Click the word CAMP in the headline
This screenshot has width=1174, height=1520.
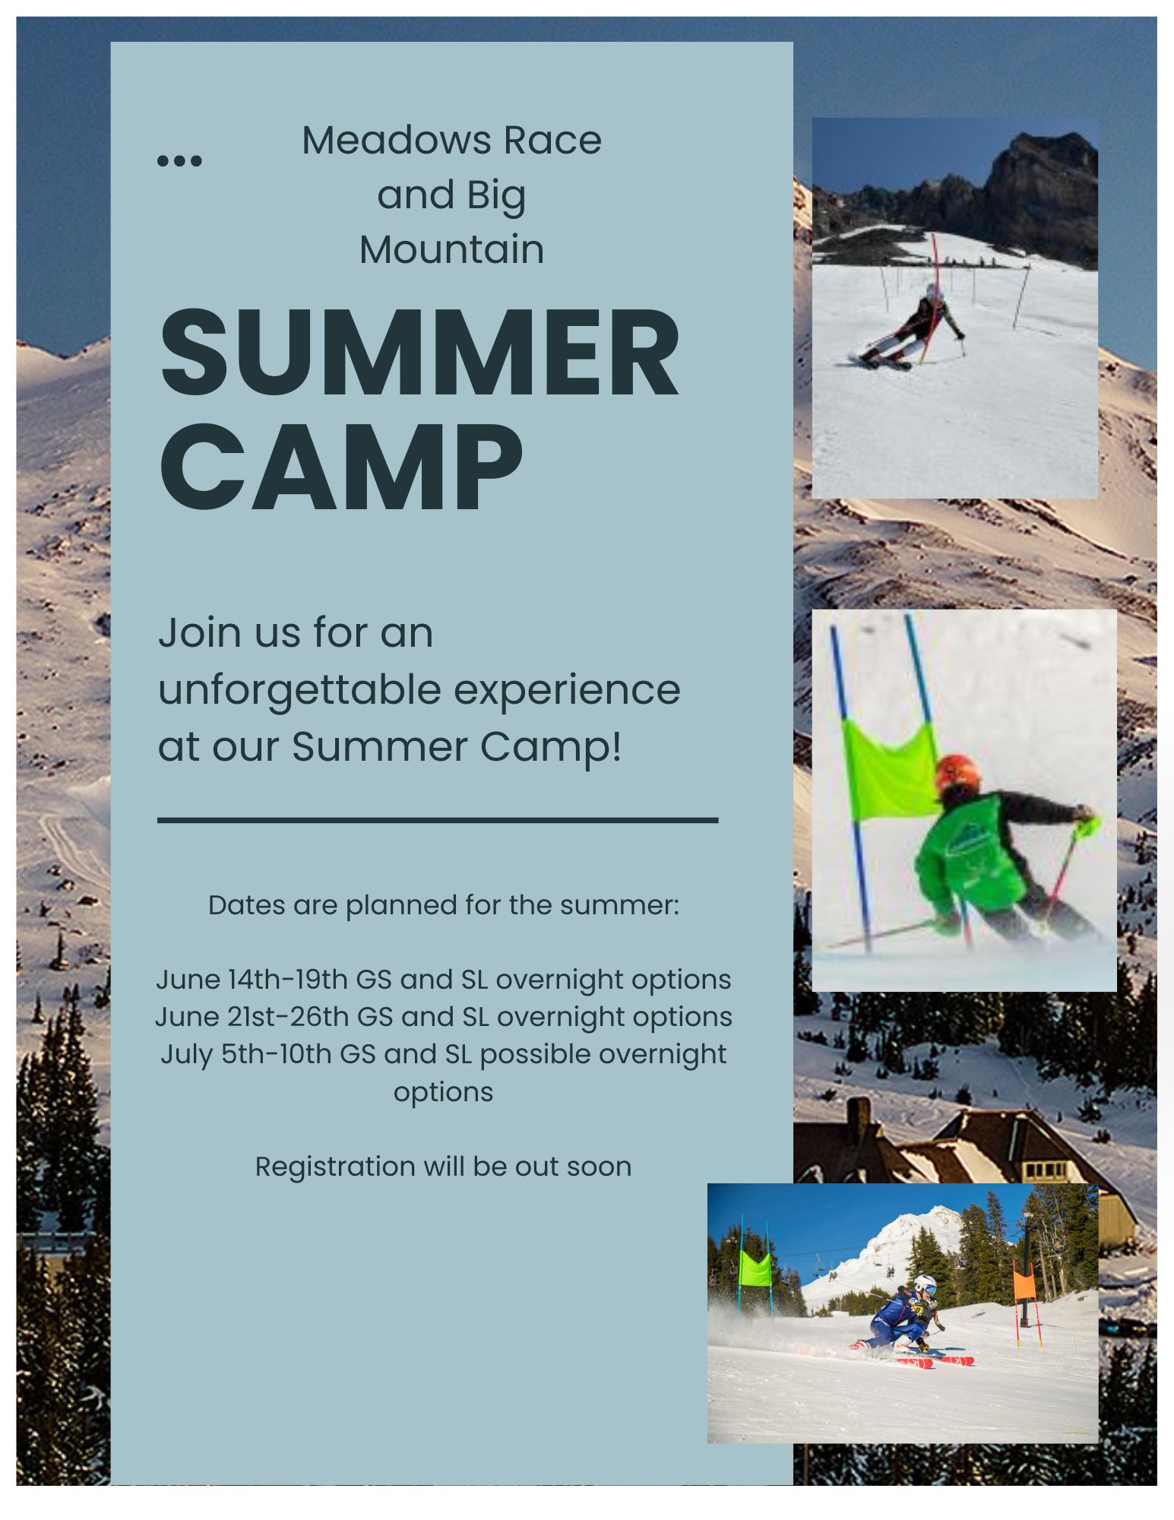pyautogui.click(x=341, y=468)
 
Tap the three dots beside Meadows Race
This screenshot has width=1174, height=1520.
pyautogui.click(x=179, y=160)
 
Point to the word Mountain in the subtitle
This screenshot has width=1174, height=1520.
pyautogui.click(x=451, y=250)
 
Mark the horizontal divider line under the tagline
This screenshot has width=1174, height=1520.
pyautogui.click(x=438, y=820)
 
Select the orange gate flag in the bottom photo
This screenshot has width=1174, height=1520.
pyautogui.click(x=1024, y=1284)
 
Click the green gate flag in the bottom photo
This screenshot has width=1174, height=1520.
pyautogui.click(x=755, y=1268)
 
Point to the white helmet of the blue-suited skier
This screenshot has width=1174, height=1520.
pyautogui.click(x=925, y=1284)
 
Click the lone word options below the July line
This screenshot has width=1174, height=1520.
pyautogui.click(x=443, y=1092)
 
